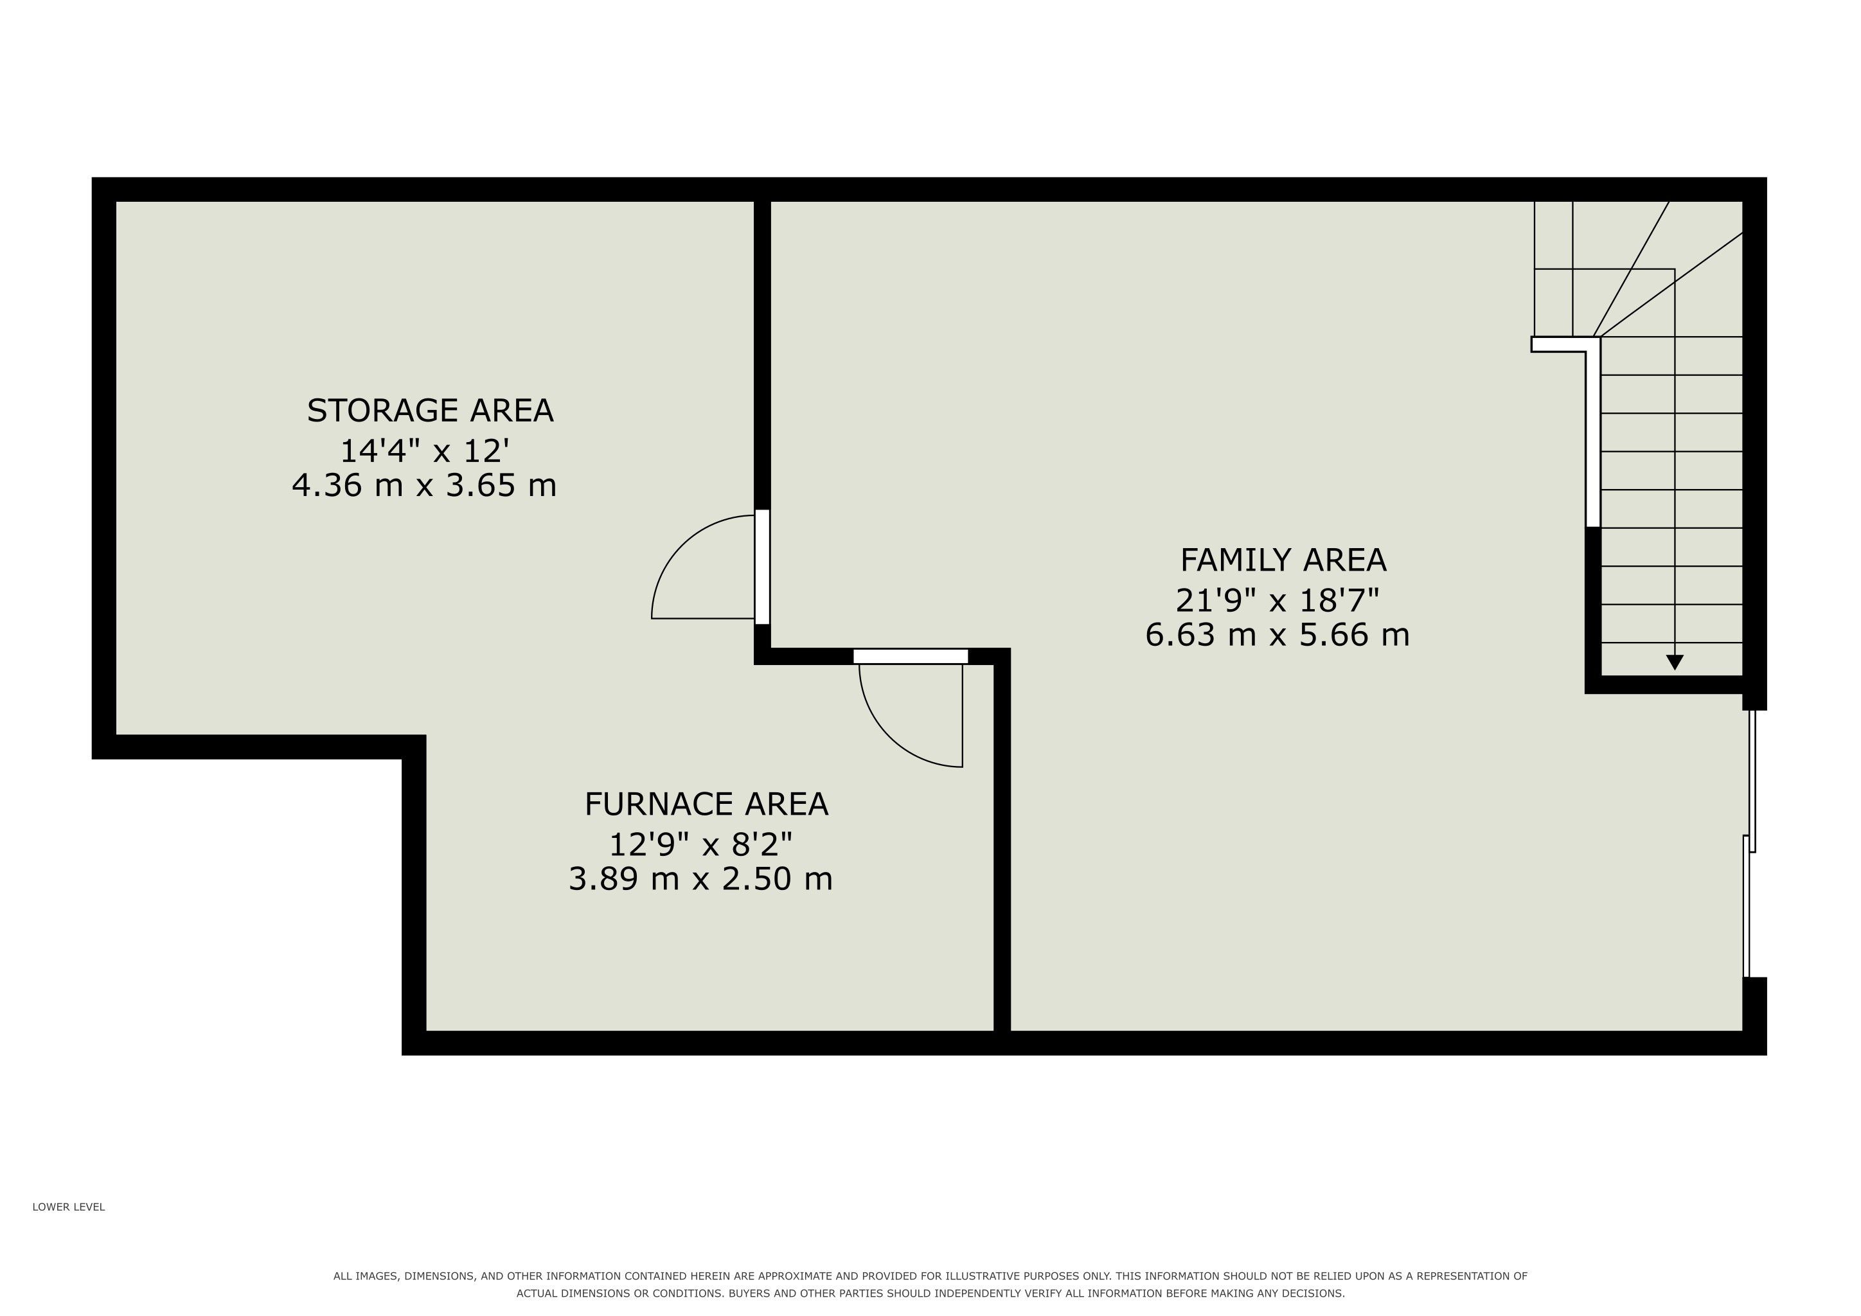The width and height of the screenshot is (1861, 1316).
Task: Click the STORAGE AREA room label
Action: point(430,411)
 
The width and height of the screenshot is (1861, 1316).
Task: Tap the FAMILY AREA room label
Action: point(1283,560)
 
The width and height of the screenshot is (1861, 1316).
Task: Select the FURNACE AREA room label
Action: point(706,804)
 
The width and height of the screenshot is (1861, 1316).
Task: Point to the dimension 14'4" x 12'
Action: point(424,450)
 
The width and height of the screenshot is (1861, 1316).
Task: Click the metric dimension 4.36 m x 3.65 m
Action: point(424,485)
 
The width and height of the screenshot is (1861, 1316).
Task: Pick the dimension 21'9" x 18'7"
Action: point(1278,600)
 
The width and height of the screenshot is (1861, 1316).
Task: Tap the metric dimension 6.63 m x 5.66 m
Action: point(1278,634)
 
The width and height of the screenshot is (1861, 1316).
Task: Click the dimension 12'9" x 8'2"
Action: point(700,844)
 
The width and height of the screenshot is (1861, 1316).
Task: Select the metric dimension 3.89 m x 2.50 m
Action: point(700,878)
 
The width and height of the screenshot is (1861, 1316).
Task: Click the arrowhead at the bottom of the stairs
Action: point(1675,662)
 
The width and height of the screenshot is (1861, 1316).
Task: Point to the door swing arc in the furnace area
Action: point(890,736)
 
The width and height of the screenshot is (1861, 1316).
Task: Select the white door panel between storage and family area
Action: point(762,566)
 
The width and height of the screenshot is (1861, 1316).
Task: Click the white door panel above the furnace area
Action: point(910,656)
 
